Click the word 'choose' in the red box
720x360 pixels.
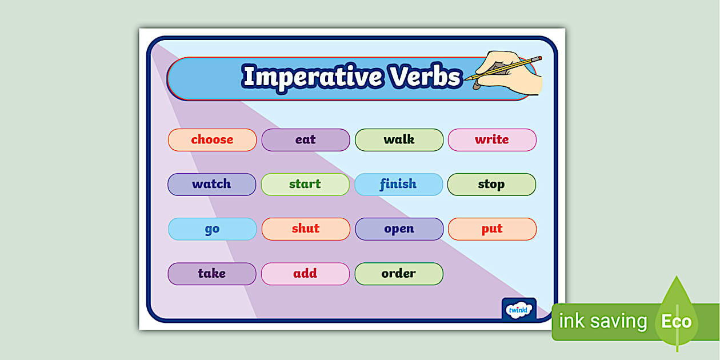[x=212, y=140]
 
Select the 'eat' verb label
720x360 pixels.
[x=305, y=140]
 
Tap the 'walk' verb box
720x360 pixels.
[x=399, y=140]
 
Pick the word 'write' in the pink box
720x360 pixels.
[x=491, y=140]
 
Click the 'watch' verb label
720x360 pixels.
[x=211, y=185]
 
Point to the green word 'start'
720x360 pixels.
[x=305, y=185]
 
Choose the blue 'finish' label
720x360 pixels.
[x=398, y=185]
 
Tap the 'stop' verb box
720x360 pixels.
[x=491, y=185]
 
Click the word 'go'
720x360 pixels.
[x=212, y=229]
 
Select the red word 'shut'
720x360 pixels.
[x=305, y=229]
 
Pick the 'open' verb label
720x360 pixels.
[x=399, y=229]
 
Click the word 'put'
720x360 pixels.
[x=492, y=229]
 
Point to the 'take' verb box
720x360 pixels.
[x=211, y=274]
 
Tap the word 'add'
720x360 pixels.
[x=305, y=274]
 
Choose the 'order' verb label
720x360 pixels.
[x=398, y=274]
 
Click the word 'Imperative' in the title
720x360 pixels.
[x=313, y=77]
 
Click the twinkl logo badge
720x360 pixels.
[x=519, y=309]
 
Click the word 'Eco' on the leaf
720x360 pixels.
[x=677, y=322]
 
